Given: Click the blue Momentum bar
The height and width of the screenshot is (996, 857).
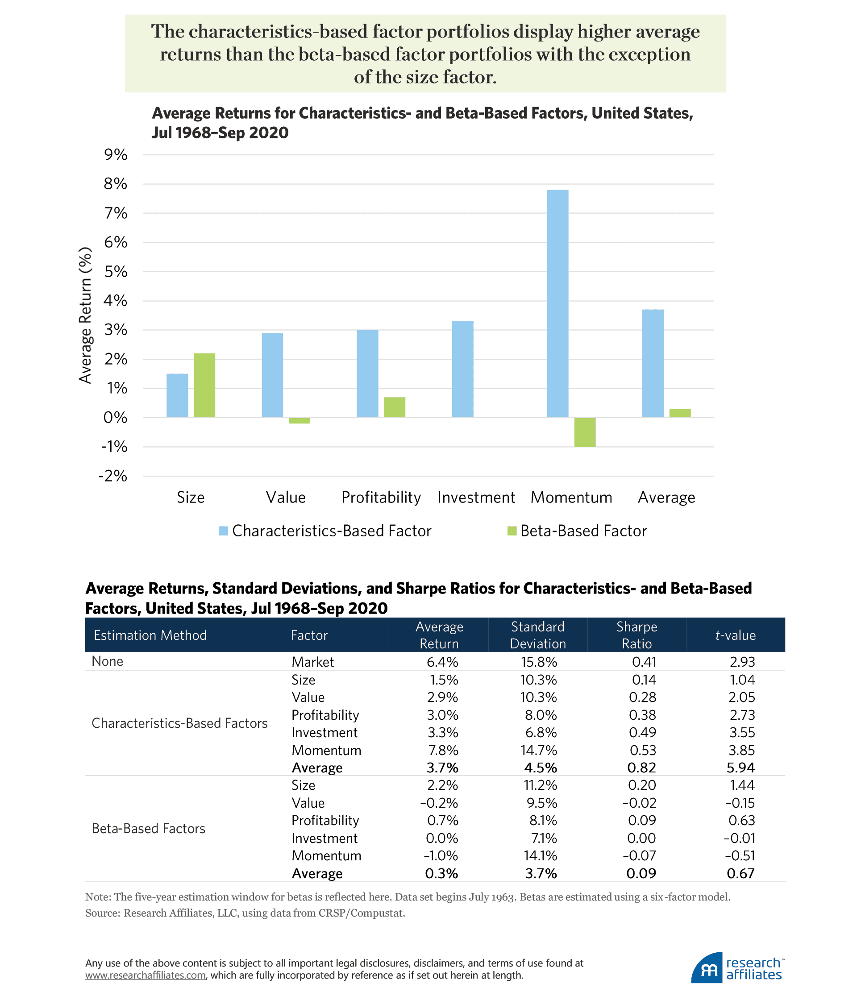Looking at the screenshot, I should (x=557, y=303).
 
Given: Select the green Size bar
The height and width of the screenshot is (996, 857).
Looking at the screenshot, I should (x=204, y=385).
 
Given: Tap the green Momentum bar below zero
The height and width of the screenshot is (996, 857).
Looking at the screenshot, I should (x=585, y=432).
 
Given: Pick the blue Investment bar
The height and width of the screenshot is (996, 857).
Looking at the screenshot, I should (x=462, y=369).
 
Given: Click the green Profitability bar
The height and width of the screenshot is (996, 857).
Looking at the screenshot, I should (x=395, y=407).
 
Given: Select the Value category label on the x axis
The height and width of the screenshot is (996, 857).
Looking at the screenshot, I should (x=286, y=497).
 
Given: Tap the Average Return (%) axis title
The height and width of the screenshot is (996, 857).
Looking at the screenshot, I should (x=85, y=315).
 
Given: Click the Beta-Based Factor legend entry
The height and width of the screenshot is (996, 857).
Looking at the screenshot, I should (x=577, y=531).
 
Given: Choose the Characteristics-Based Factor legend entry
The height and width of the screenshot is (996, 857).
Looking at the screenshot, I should (x=325, y=531).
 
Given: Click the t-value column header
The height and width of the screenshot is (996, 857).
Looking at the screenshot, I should (x=735, y=635).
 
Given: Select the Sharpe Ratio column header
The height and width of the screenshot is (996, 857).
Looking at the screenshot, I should (x=637, y=635).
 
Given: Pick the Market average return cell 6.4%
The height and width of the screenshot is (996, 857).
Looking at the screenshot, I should (x=442, y=662).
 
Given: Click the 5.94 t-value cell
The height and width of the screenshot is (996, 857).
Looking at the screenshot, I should (x=741, y=768).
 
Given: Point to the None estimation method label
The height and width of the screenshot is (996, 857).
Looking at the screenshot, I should (x=108, y=661).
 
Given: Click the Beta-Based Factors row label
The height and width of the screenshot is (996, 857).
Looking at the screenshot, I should (x=149, y=828).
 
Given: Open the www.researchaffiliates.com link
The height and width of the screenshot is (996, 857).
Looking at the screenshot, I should (x=146, y=975).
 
